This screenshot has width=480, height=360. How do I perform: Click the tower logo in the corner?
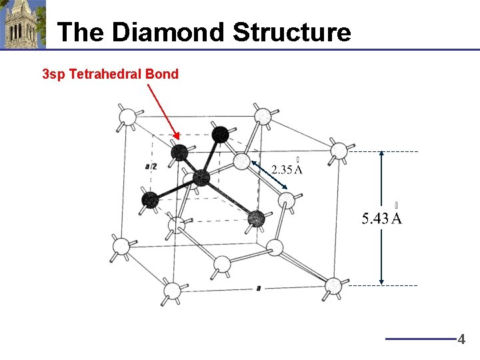click(x=23, y=24)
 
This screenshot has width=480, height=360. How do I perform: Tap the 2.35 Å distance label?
click(x=287, y=169)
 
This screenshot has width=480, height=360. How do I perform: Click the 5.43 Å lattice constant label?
click(x=381, y=218)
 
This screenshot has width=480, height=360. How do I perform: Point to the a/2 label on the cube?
click(x=151, y=165)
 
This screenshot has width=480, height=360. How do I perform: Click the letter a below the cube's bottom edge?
click(x=257, y=288)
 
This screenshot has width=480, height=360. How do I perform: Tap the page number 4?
click(x=461, y=339)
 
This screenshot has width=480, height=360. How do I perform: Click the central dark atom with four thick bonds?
click(x=201, y=177)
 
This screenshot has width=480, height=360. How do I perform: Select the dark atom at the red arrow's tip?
click(x=179, y=153)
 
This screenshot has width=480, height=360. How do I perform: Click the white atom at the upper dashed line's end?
click(x=340, y=150)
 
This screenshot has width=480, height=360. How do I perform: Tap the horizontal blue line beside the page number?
click(x=420, y=339)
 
